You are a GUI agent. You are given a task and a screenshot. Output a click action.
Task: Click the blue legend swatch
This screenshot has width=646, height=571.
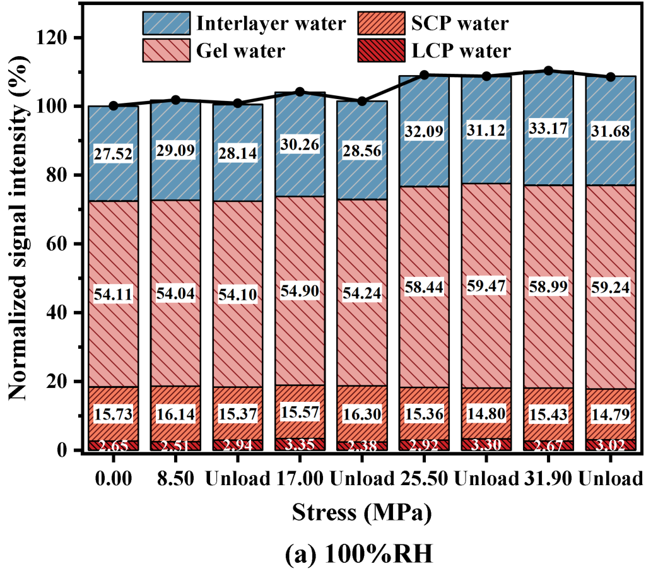pos(167,23)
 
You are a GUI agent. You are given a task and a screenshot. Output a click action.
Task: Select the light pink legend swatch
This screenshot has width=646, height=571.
pos(167,50)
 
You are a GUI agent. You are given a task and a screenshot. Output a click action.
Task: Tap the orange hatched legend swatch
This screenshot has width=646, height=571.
pos(381,23)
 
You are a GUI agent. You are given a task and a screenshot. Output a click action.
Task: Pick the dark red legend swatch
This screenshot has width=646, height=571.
pos(381,50)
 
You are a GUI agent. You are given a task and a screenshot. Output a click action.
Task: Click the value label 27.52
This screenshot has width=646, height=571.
pos(114,155)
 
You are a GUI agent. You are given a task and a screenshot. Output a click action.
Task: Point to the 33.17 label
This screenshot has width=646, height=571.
pos(548,129)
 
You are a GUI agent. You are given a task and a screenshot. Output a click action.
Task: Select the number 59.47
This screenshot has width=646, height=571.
pos(486,285)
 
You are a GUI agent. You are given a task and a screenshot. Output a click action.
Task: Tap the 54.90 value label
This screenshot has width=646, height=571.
pos(300,291)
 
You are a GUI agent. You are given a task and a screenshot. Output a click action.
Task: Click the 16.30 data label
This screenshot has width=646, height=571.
pos(361,415)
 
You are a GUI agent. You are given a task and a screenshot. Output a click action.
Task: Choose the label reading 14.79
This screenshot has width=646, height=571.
pos(610,415)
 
